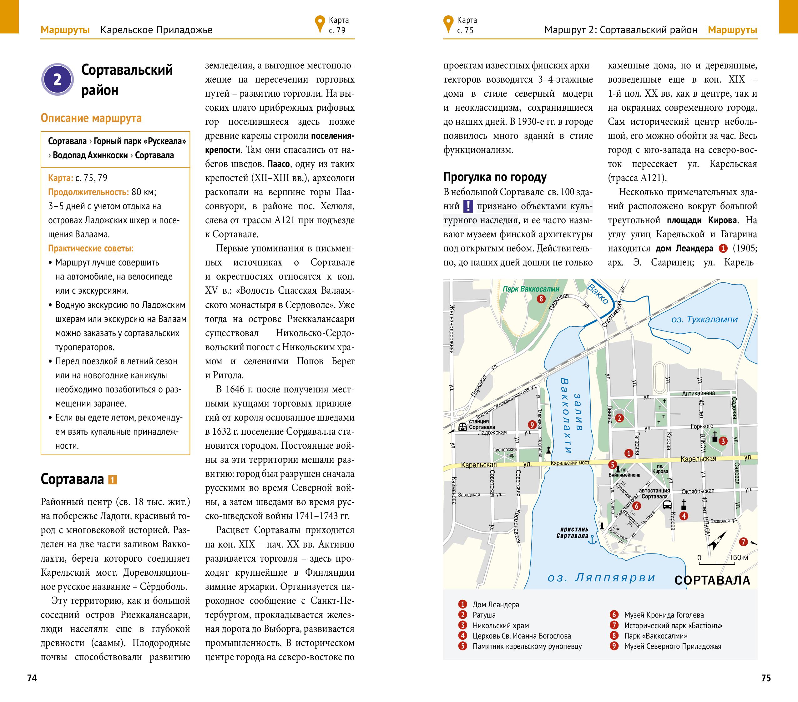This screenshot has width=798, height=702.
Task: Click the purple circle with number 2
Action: [58, 80]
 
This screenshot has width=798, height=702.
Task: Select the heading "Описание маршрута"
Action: [91, 118]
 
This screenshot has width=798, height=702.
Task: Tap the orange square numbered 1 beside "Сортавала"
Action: [113, 479]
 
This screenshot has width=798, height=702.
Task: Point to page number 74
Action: [32, 678]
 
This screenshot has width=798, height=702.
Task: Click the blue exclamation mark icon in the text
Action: [468, 206]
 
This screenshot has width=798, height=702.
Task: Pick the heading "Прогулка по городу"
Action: [495, 177]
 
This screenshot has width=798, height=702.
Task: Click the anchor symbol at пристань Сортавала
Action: [593, 540]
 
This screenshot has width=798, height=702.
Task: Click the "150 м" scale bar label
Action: [739, 558]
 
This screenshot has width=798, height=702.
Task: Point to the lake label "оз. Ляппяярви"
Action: [601, 578]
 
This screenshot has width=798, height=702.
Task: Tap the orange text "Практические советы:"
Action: [91, 248]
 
